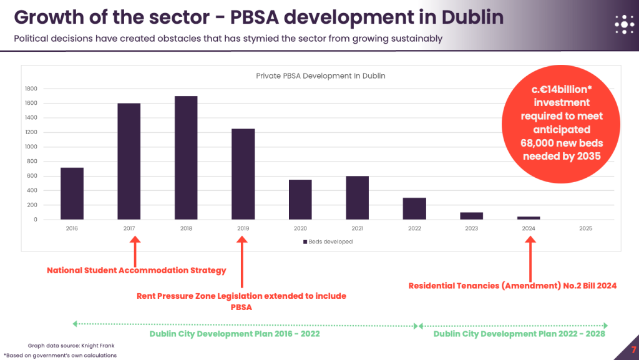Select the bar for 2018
186,158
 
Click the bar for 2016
72,193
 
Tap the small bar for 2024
529,218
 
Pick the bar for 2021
358,198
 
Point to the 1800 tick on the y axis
31,89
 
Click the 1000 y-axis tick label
31,147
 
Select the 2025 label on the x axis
585,228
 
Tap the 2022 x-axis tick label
414,228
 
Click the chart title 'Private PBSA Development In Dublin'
321,76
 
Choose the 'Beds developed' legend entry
328,241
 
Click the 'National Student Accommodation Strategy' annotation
137,271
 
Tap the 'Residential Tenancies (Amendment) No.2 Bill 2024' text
512,286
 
